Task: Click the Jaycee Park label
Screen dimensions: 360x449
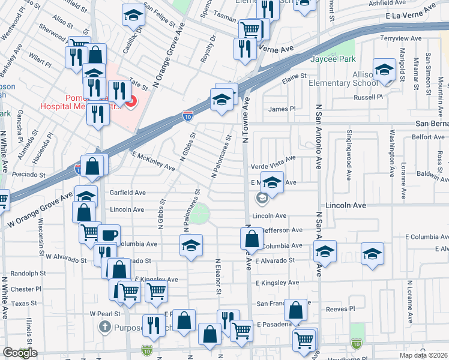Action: (333, 59)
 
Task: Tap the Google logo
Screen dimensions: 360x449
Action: (20, 353)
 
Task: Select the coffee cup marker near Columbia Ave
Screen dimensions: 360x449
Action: (109, 235)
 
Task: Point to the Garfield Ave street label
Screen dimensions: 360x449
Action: (128, 193)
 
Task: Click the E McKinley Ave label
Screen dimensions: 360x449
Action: (149, 160)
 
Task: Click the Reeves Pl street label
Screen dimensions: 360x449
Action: (340, 309)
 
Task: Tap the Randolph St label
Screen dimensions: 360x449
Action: (28, 273)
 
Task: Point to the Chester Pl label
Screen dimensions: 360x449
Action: (26, 289)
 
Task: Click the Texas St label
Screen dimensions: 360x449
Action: (25, 304)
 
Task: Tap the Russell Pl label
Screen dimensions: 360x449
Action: (368, 97)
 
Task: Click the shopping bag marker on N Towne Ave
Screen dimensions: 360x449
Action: (252, 239)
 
